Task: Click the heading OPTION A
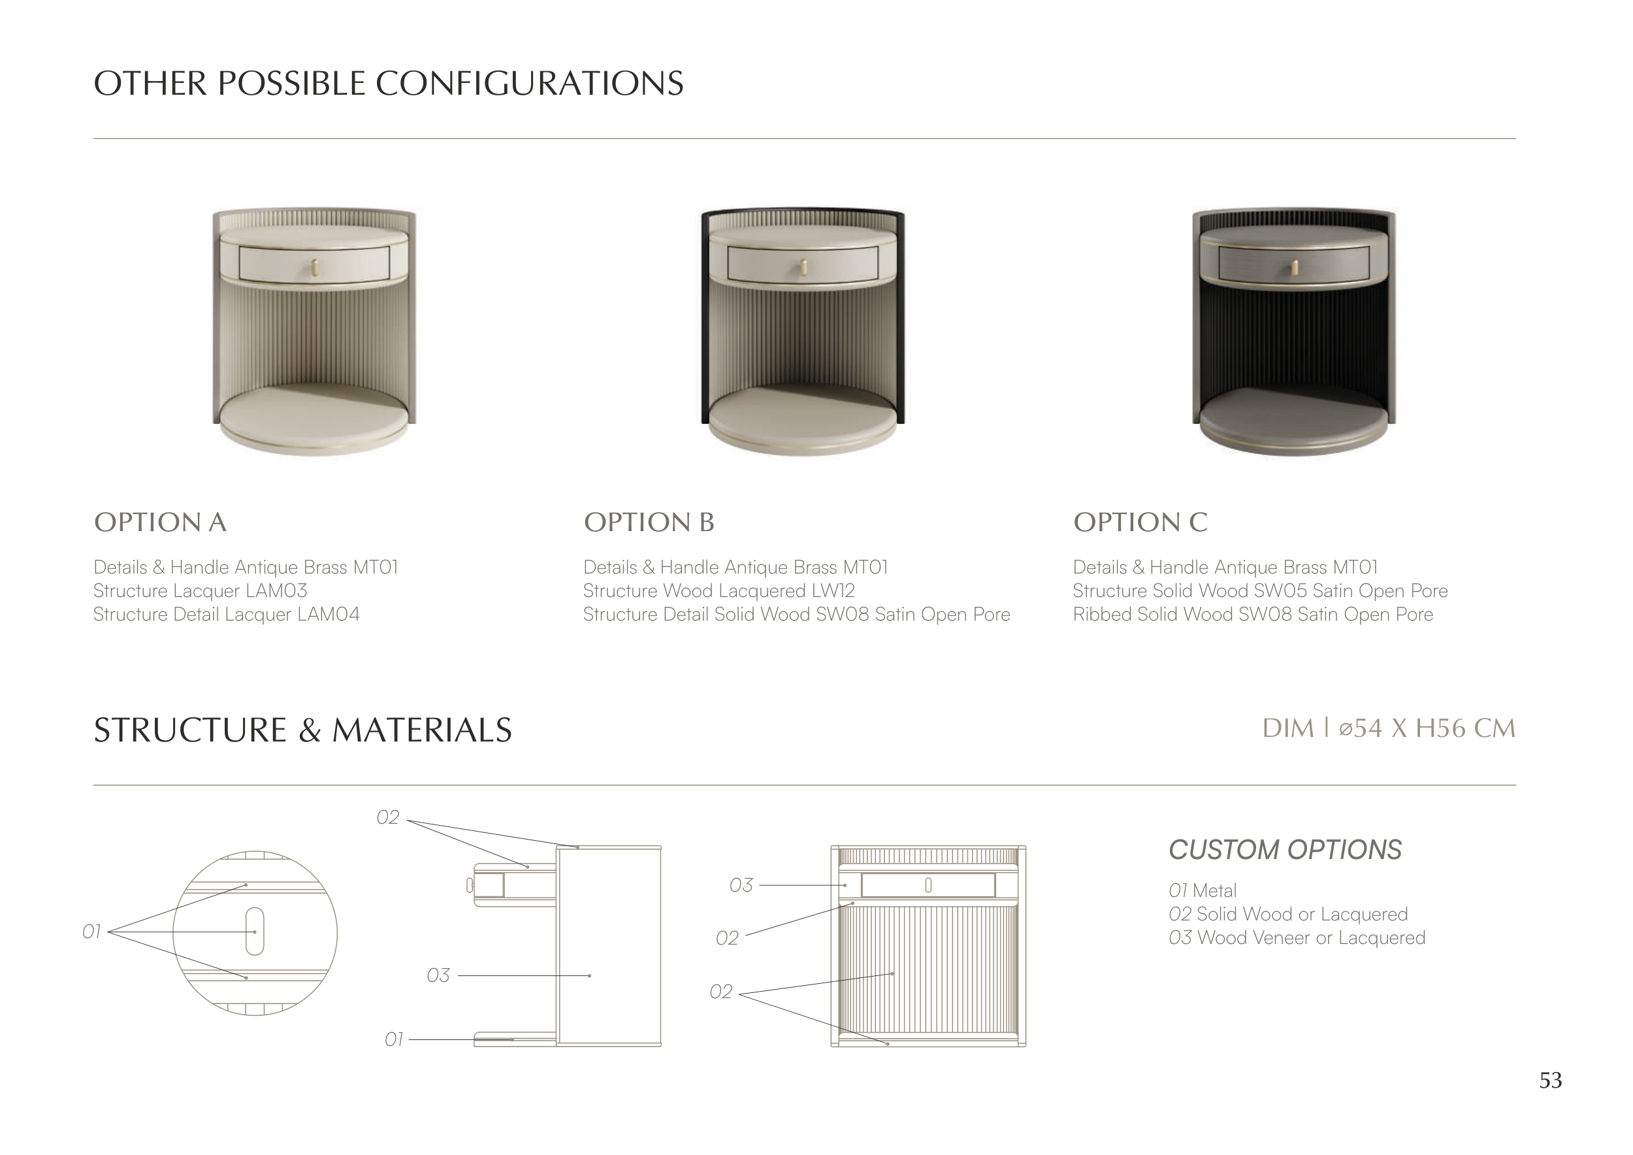(161, 522)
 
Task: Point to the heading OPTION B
(649, 522)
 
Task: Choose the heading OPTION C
(1140, 522)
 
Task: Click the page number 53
(1551, 1081)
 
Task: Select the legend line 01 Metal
(1203, 890)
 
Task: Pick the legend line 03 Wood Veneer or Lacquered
(1297, 937)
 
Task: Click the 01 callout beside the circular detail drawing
(91, 932)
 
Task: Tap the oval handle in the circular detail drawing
(255, 932)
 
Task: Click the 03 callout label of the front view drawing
(741, 885)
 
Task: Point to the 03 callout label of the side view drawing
(438, 975)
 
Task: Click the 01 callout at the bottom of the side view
(394, 1040)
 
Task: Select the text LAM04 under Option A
(329, 615)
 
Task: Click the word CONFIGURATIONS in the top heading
(529, 83)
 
